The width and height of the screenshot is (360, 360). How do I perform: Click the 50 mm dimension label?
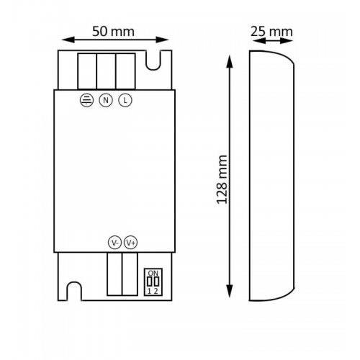coord(113,32)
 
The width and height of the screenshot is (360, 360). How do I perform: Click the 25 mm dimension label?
coord(271,32)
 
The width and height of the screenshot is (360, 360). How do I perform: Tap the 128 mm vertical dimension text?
coord(222,179)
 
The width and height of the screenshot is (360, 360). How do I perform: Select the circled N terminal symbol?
coord(106,100)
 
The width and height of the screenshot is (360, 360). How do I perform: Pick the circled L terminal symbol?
coord(125,100)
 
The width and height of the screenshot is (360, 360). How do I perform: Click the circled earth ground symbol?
coord(86,100)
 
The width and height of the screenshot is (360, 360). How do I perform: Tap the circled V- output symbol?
coord(114,243)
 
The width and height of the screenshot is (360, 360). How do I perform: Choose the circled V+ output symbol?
coord(131,243)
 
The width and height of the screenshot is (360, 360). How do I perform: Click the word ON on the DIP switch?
coord(153,273)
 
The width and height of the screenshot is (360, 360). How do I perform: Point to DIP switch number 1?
coord(149,292)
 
